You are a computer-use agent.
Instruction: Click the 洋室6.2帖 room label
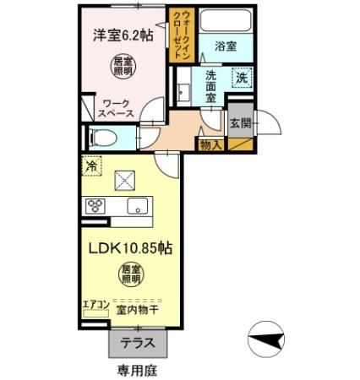coord(123,36)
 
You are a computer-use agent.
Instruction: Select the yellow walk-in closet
coord(183,35)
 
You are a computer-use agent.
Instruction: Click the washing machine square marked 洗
coord(242,78)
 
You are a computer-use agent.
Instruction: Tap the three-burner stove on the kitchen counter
coord(95,205)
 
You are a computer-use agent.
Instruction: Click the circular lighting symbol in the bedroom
coord(123,67)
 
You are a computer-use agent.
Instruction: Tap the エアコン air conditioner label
coord(95,305)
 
